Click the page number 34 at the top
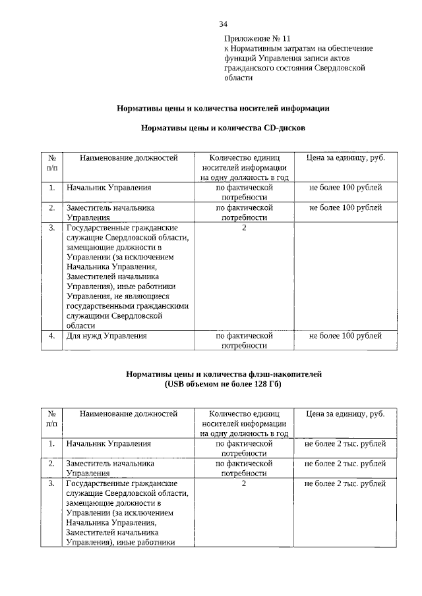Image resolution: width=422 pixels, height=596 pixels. coord(224,24)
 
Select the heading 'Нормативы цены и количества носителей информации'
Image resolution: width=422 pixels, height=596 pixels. coord(223,107)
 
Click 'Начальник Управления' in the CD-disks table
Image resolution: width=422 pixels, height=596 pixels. coord(104,188)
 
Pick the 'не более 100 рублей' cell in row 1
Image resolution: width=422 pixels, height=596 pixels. coord(346,188)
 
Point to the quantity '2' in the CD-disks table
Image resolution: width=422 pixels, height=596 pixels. coord(244,228)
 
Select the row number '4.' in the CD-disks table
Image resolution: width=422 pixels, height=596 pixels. coord(51,336)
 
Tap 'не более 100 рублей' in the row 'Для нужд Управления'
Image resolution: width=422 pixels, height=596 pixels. coord(346,336)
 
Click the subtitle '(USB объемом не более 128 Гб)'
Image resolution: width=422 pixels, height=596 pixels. coord(223,384)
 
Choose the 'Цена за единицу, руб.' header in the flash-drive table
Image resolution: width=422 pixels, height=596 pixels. coord(346,414)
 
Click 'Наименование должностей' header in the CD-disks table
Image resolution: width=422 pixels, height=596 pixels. coord(129,158)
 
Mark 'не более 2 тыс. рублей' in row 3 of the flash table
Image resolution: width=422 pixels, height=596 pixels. coord(346,484)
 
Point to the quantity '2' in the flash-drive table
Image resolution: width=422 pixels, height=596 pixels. coord(244,484)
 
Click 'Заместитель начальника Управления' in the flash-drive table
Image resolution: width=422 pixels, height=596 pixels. coord(109,468)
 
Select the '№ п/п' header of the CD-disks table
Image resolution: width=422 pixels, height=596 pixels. coord(51,163)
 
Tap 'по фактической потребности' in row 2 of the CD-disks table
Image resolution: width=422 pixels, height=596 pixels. coord(244,212)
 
